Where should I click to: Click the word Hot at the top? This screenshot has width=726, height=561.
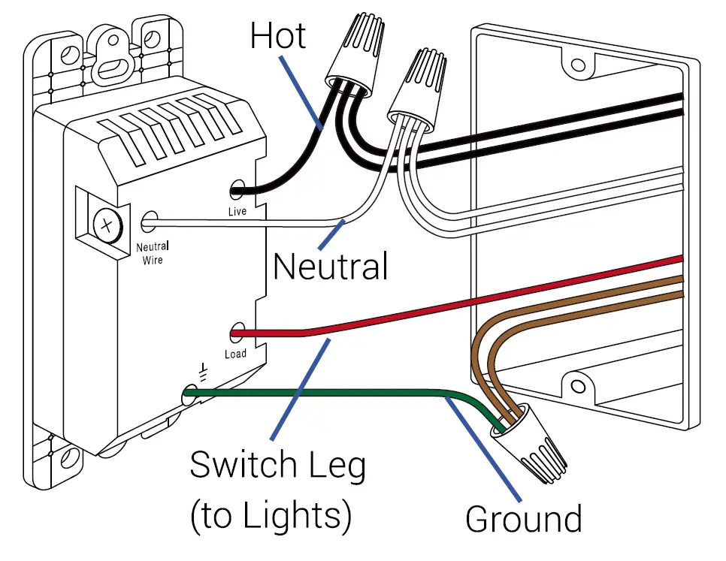click(x=277, y=35)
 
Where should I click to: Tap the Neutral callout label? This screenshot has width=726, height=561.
click(x=330, y=267)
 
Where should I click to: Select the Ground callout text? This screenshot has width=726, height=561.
click(x=523, y=519)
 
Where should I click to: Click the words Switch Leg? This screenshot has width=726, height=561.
click(x=277, y=465)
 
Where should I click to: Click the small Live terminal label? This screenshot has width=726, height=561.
click(x=237, y=212)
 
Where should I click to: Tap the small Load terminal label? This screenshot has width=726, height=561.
click(x=235, y=354)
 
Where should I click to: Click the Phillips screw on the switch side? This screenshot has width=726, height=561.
click(x=107, y=224)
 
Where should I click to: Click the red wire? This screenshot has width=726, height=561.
click(x=451, y=300)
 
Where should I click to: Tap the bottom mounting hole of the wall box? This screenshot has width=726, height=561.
click(x=578, y=387)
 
